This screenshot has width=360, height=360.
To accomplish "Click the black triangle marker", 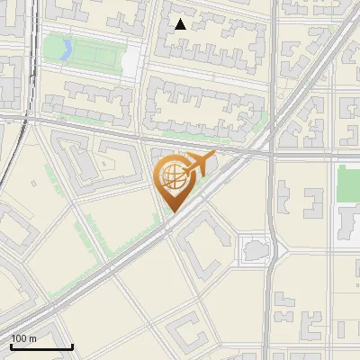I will (181, 24).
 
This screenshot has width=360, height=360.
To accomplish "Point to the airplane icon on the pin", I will (197, 165).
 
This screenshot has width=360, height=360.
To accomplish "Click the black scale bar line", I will (41, 346).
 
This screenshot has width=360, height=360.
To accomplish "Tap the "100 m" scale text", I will (23, 338).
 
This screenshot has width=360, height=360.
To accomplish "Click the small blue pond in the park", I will (64, 49).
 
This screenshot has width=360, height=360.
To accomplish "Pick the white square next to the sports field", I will (130, 59).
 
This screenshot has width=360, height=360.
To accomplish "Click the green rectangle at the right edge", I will (348, 184).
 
